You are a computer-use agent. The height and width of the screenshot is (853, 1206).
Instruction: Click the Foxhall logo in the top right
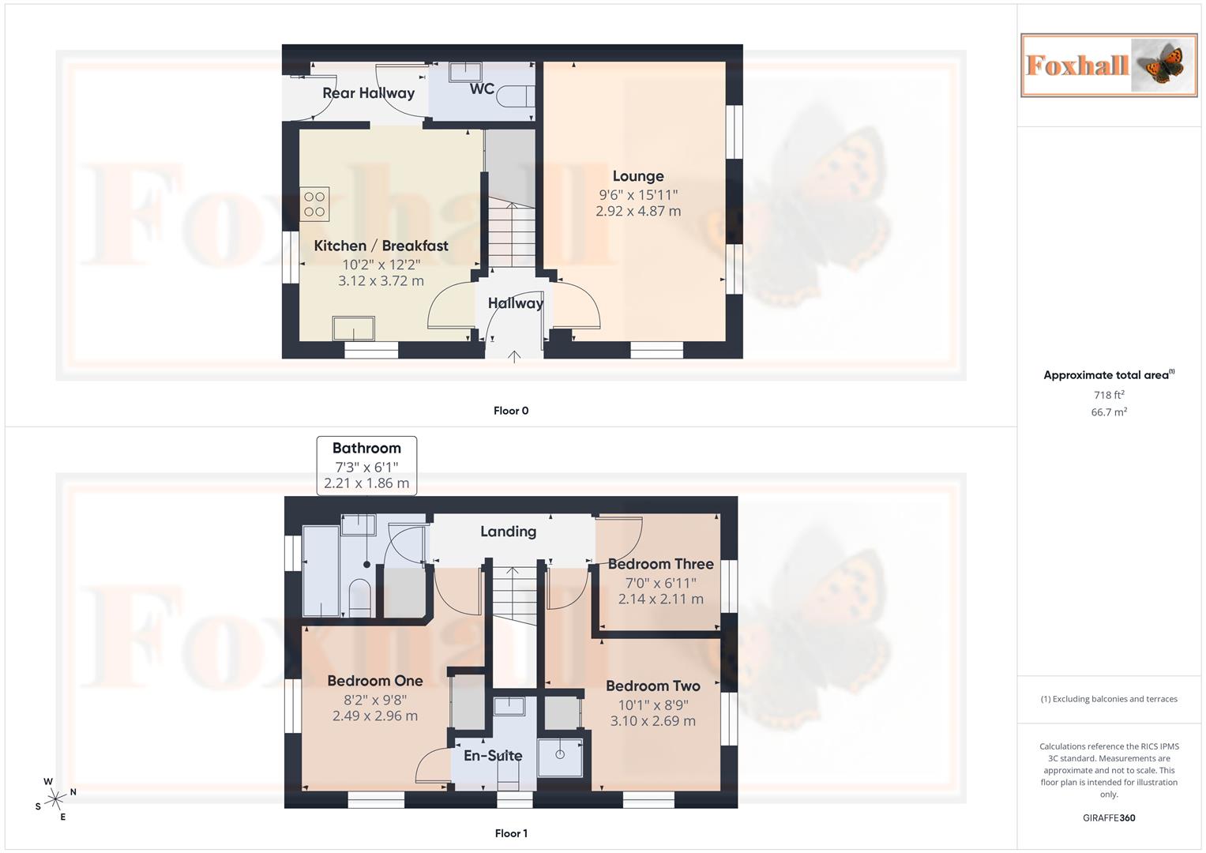click(1108, 65)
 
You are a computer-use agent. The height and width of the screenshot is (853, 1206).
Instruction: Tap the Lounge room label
click(638, 176)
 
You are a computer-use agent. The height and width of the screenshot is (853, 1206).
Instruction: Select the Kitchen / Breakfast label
click(381, 246)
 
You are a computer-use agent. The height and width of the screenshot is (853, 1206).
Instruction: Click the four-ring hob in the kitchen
click(314, 205)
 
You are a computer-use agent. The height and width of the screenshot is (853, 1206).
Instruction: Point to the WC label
click(482, 88)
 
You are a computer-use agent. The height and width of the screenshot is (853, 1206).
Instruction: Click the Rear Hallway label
click(368, 93)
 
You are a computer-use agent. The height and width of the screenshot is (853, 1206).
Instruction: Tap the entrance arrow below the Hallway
click(514, 356)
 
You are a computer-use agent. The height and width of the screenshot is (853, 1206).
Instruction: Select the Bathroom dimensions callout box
click(366, 466)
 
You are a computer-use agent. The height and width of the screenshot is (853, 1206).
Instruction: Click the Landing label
click(508, 532)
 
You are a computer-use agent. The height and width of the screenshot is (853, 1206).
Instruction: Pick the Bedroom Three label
click(660, 564)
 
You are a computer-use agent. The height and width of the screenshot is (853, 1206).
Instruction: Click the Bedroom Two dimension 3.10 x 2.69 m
click(652, 721)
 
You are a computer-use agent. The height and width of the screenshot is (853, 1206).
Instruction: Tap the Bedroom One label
click(375, 681)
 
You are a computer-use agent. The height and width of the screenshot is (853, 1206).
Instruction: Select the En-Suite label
click(493, 756)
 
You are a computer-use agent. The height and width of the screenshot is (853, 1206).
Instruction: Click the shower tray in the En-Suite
click(560, 757)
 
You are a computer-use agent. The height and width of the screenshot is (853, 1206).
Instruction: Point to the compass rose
click(55, 799)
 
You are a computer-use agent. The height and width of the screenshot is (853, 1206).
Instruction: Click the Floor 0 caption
click(511, 411)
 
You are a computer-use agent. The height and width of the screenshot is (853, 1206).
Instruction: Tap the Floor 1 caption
click(511, 833)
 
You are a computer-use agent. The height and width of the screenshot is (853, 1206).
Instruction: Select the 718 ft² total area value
click(1108, 395)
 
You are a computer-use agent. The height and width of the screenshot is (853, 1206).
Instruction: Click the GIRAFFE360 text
click(1108, 818)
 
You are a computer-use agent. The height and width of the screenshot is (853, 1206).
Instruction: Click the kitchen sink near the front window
click(353, 328)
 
